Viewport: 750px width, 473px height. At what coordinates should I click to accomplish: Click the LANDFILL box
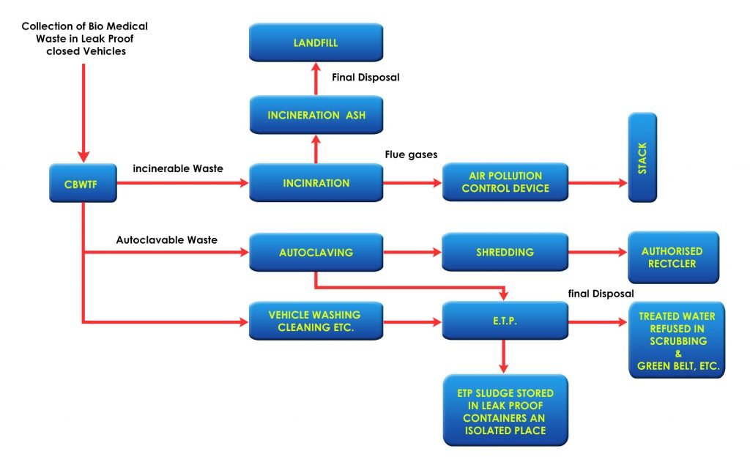pos(316,42)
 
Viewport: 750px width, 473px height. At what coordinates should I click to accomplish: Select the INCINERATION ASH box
pos(316,115)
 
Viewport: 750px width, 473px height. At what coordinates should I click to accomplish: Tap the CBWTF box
pos(83,183)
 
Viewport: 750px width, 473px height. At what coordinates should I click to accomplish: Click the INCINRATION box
pos(316,183)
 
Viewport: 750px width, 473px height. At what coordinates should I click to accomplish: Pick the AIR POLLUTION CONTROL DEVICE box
pos(505,182)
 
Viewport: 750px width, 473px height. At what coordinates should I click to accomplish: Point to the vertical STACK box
pos(642,157)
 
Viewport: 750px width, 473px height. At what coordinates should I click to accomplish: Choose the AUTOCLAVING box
pos(316,252)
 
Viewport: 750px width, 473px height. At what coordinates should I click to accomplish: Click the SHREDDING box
pos(505,252)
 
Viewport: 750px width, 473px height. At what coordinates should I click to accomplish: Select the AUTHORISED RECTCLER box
pos(673,257)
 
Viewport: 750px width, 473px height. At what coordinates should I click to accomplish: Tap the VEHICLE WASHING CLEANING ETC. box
pos(316,321)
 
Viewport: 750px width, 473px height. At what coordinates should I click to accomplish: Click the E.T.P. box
pos(505,321)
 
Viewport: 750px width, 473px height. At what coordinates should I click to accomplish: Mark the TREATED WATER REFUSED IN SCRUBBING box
pos(677,340)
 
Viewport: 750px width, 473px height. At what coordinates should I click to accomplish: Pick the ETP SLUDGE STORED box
pos(505,410)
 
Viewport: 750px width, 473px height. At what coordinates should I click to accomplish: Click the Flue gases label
pos(411,154)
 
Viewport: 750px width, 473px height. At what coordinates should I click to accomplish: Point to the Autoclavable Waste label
pos(166,239)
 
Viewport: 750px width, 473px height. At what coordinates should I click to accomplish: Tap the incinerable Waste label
pos(177,168)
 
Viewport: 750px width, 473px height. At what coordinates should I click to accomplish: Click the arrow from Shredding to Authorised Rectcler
pos(598,252)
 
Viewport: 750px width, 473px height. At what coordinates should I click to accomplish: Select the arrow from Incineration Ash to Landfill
pos(316,79)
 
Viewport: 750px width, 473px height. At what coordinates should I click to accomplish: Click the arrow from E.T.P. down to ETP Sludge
pos(503,357)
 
